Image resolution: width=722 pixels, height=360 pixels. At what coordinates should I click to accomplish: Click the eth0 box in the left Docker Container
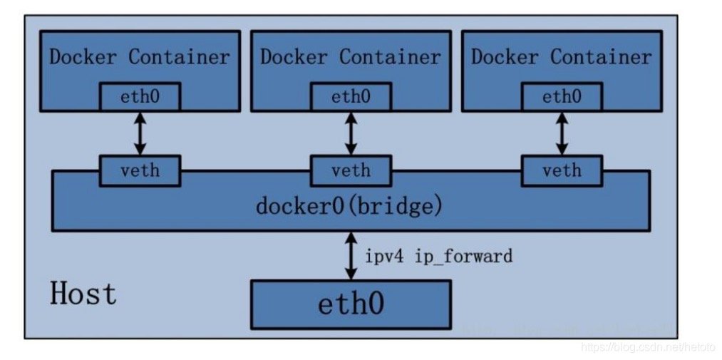tap(140, 97)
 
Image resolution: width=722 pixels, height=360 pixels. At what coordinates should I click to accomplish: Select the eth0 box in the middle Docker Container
tap(351, 97)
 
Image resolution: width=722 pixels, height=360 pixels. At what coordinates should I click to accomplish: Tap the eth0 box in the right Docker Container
tap(562, 97)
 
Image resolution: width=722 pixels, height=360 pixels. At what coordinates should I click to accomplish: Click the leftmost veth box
tap(140, 171)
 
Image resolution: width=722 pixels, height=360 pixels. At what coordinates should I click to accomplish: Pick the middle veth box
tap(351, 171)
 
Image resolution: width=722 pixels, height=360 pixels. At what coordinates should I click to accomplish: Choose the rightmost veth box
tap(562, 171)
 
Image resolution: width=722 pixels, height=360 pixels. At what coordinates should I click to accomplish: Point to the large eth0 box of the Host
tap(351, 304)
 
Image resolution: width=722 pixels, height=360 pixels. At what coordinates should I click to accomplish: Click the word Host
tap(83, 294)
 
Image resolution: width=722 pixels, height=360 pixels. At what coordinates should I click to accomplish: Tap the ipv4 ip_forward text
tap(438, 256)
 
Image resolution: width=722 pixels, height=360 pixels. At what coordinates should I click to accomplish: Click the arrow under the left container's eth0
tap(140, 133)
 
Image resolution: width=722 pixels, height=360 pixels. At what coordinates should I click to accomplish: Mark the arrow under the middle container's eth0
tap(351, 133)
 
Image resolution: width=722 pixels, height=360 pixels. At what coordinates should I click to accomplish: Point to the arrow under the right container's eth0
tap(562, 133)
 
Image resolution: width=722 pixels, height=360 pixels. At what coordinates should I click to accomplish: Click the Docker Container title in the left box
tap(140, 57)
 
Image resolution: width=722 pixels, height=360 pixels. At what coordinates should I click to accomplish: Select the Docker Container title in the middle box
tap(351, 57)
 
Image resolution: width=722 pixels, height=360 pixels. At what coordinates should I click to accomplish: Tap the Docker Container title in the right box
tap(562, 57)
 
